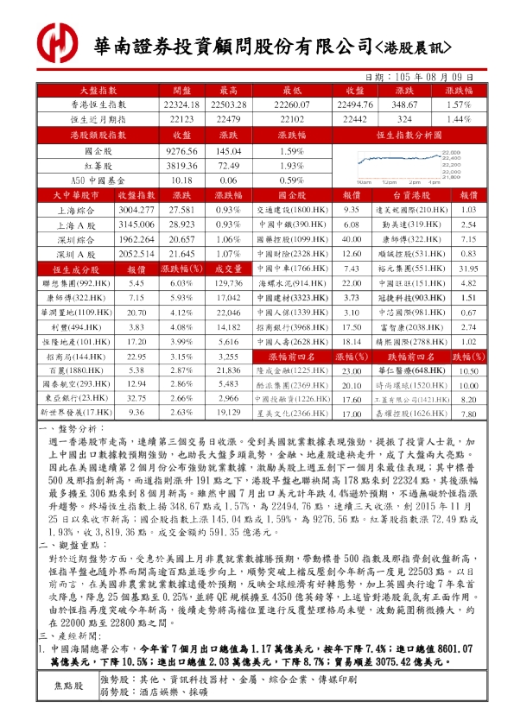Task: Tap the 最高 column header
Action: point(229,90)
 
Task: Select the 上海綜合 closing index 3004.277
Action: point(136,210)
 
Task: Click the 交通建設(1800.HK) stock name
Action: point(291,210)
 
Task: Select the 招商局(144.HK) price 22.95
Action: point(136,356)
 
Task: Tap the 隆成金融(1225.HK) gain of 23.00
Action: point(351,370)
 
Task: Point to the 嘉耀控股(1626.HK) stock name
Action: point(409,414)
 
